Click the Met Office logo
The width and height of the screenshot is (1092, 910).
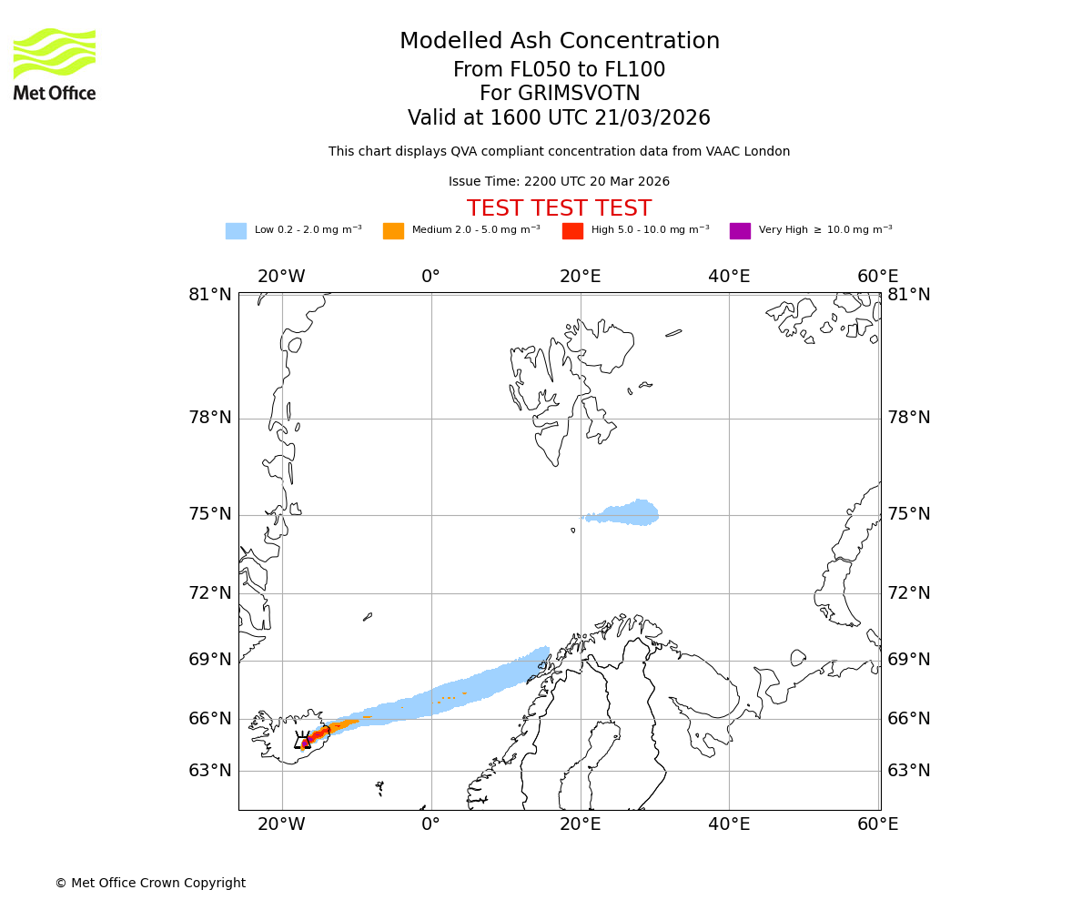(x=55, y=64)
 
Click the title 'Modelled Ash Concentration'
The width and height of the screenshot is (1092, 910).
(x=560, y=41)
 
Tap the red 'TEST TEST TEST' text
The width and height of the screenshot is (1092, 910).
(x=559, y=208)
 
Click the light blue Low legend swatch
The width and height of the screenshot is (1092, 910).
(x=236, y=230)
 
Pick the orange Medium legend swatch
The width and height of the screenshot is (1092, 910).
(x=393, y=230)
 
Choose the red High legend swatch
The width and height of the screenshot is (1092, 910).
(x=572, y=230)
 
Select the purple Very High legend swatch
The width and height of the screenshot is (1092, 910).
(x=740, y=230)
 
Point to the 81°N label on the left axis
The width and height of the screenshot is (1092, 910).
(x=210, y=294)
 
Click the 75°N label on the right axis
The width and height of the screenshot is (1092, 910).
(x=909, y=514)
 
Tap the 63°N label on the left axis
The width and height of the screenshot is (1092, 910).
(x=210, y=771)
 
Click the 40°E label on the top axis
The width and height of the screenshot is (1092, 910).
(x=729, y=277)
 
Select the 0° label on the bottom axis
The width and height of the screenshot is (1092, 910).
(x=431, y=824)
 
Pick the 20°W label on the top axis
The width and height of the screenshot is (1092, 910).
(x=281, y=277)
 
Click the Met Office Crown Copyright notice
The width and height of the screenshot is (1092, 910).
(x=150, y=883)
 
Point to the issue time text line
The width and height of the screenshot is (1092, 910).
(x=559, y=181)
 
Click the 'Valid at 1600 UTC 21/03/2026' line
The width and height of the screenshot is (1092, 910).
(x=559, y=117)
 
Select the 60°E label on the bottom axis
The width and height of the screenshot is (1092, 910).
(x=877, y=824)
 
